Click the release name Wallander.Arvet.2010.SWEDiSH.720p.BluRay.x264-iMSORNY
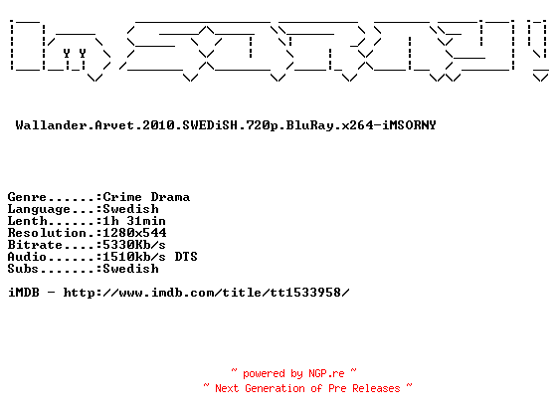click(226, 125)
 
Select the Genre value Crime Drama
click(146, 197)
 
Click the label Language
click(39, 209)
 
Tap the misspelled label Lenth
click(28, 221)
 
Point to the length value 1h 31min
click(134, 221)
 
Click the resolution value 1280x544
click(134, 233)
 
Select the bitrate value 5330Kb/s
click(134, 245)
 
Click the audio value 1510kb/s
click(134, 257)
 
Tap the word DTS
click(186, 257)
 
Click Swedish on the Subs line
click(130, 269)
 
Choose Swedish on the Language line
click(130, 209)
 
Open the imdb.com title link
click(207, 293)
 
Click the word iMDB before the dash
click(24, 293)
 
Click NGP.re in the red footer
click(326, 373)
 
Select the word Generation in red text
click(275, 388)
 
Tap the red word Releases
click(376, 388)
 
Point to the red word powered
click(264, 374)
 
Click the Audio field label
click(27, 257)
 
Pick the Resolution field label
click(47, 233)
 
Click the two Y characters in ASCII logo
click(75, 54)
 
